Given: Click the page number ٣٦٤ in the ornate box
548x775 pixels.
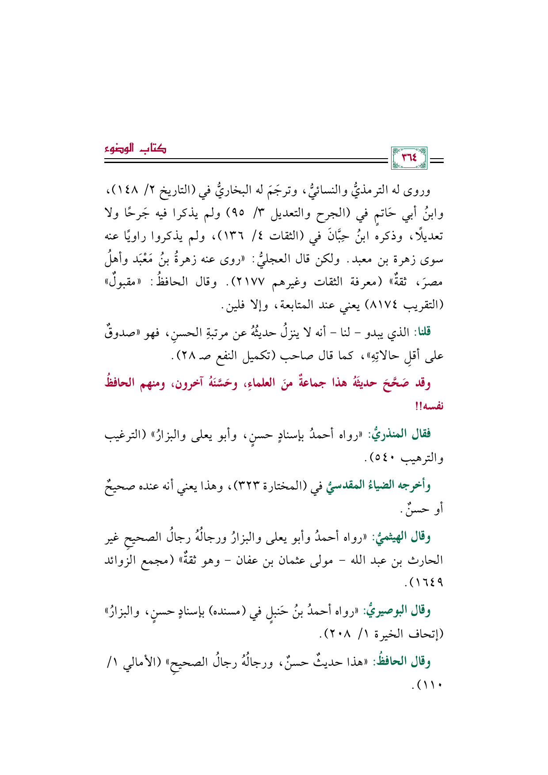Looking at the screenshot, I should point(409,157).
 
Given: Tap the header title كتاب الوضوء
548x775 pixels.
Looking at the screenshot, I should point(135,149).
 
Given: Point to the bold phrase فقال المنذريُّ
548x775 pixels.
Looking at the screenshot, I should point(407,434).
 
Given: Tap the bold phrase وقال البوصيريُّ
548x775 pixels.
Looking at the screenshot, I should point(403,611).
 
